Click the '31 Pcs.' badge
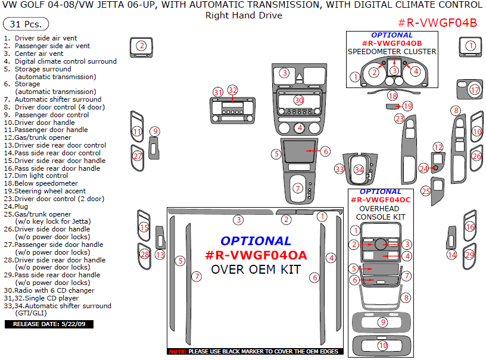26,24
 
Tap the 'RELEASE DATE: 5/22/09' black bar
49,324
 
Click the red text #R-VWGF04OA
256,255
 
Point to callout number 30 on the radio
299,100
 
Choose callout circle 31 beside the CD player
218,92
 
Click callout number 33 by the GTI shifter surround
339,170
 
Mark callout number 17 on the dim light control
474,90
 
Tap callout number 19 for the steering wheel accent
407,106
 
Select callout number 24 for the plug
424,168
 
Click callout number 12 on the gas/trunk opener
438,147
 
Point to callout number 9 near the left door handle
155,132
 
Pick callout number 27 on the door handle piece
138,156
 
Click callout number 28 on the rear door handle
144,254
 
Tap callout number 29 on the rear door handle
469,255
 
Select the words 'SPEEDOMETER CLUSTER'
392,51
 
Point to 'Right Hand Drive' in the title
244,15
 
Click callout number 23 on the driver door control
399,119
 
